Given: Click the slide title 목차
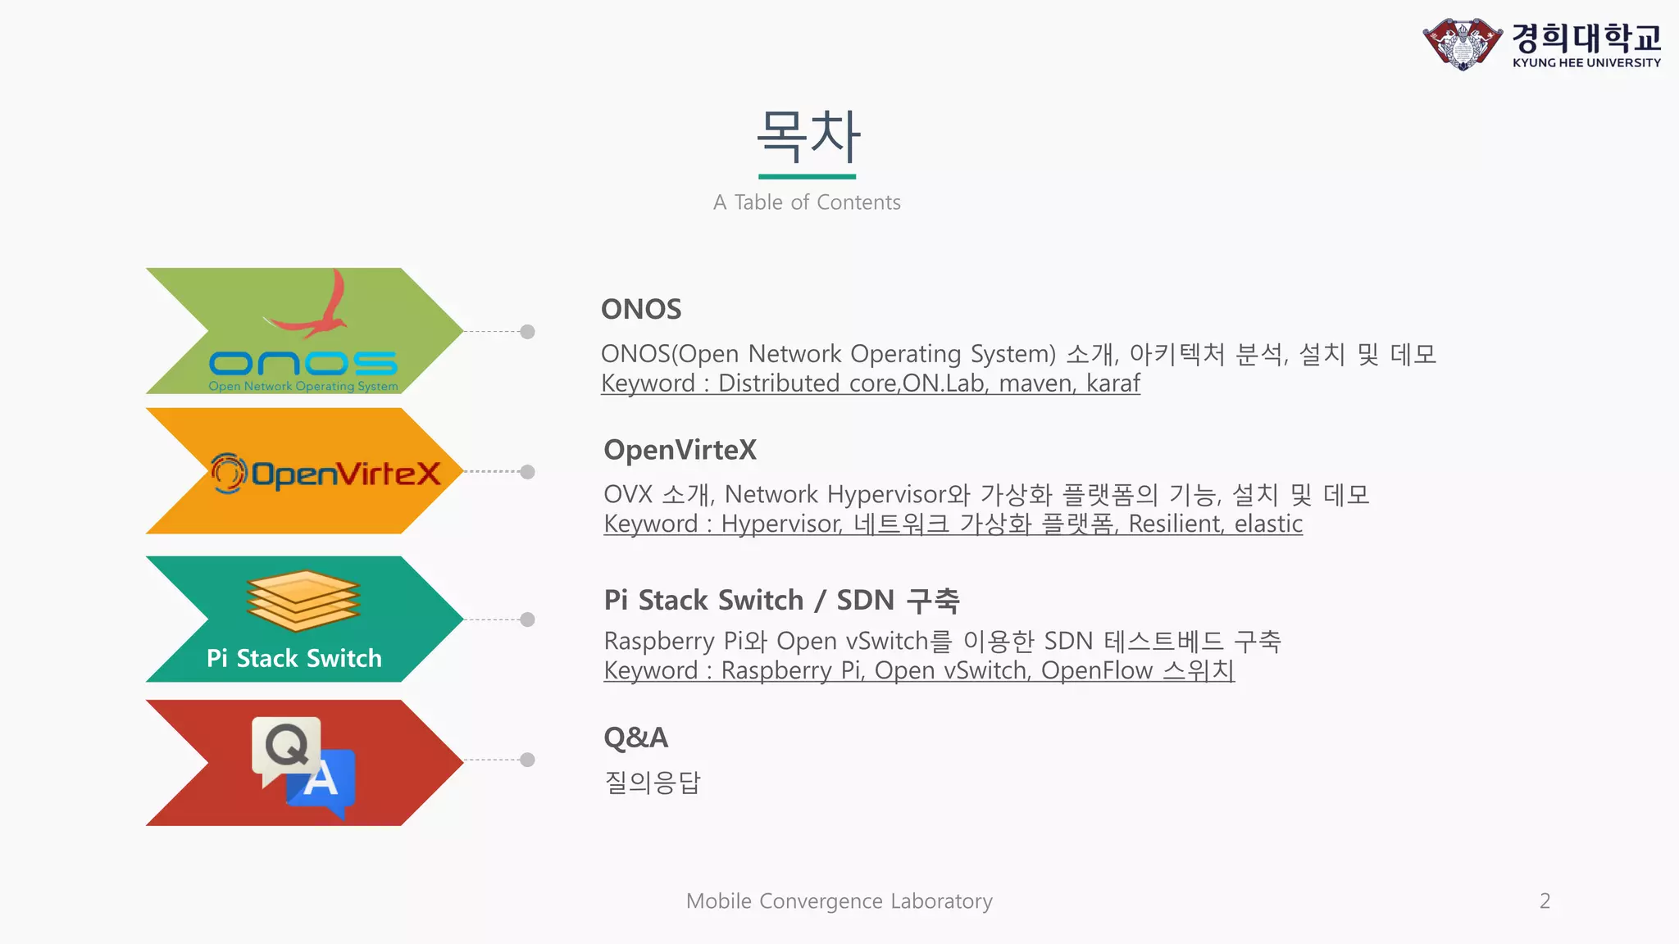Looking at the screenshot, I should pyautogui.click(x=808, y=136).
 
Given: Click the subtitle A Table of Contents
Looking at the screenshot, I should pyautogui.click(x=807, y=202).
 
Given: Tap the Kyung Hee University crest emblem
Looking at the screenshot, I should pyautogui.click(x=1463, y=44).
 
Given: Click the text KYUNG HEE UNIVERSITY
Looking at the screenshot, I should pyautogui.click(x=1586, y=63).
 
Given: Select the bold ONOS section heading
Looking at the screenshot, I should pyautogui.click(x=641, y=310).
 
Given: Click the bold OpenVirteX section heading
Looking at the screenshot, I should pyautogui.click(x=680, y=450).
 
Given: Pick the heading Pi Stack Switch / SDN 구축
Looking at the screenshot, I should pyautogui.click(x=781, y=600).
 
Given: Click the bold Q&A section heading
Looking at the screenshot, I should pyautogui.click(x=635, y=737).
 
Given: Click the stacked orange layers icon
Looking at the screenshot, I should pyautogui.click(x=303, y=601).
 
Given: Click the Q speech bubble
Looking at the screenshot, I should pyautogui.click(x=285, y=746).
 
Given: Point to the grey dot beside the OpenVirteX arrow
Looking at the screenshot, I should pyautogui.click(x=528, y=472).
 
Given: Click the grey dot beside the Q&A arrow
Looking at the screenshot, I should pyautogui.click(x=528, y=760).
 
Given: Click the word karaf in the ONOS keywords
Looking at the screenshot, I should pyautogui.click(x=1113, y=383).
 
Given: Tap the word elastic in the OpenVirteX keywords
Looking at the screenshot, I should pyautogui.click(x=1268, y=524).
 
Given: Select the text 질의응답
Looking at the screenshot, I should pyautogui.click(x=652, y=783).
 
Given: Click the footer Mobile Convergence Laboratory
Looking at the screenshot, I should pyautogui.click(x=839, y=901).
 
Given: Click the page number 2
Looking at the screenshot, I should pyautogui.click(x=1545, y=901).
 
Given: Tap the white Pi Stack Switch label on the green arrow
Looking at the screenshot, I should pyautogui.click(x=294, y=658).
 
